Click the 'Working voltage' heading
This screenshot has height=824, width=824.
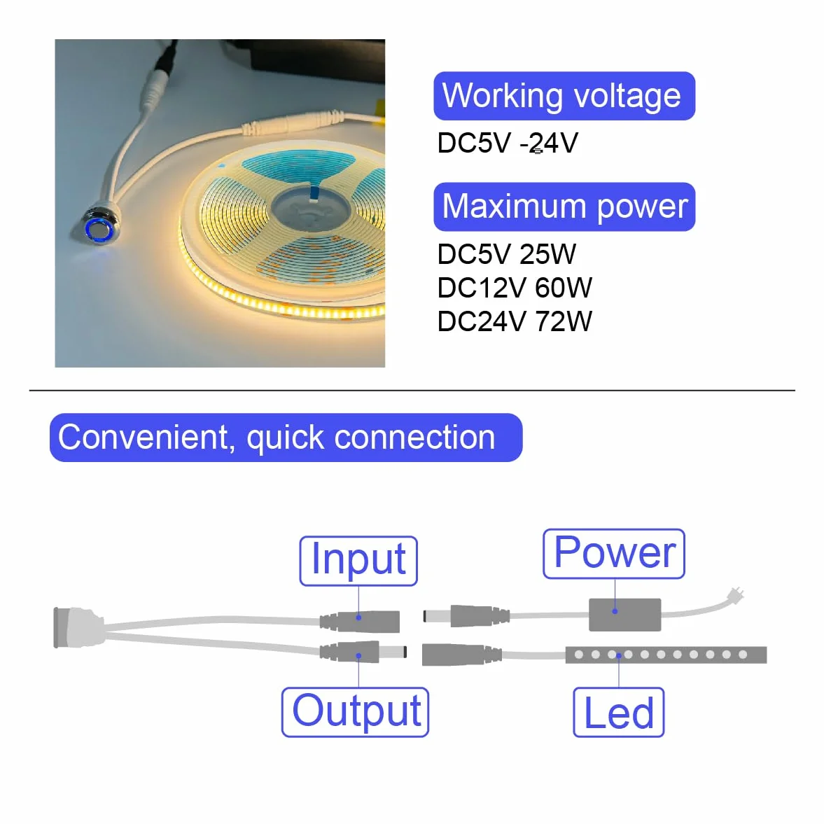click(x=564, y=96)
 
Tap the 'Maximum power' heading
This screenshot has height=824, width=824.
click(x=564, y=207)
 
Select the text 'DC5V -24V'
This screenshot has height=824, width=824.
click(x=508, y=143)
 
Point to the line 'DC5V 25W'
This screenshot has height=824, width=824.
click(x=507, y=254)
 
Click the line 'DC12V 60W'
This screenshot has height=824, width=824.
click(x=515, y=288)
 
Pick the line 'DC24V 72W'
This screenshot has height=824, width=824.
click(x=515, y=321)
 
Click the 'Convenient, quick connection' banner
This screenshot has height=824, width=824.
click(x=286, y=438)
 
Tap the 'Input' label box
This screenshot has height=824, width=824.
click(x=358, y=561)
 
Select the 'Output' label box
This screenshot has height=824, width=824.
click(x=355, y=712)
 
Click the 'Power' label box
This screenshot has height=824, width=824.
click(x=614, y=554)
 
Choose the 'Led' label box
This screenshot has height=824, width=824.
click(x=619, y=712)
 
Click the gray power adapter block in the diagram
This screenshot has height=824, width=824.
click(x=625, y=614)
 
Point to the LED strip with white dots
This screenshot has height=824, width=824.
click(x=666, y=655)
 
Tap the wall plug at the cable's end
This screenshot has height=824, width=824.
click(x=736, y=595)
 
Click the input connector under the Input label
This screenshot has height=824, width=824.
click(x=360, y=621)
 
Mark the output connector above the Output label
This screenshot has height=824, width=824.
click(x=363, y=652)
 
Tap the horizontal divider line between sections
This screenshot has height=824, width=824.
click(x=412, y=391)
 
